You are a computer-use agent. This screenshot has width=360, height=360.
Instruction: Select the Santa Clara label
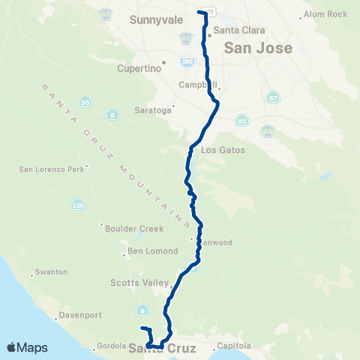point(236,31)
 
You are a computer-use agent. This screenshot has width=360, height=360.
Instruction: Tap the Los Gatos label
point(227,150)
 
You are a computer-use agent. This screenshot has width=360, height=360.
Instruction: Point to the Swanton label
point(52,271)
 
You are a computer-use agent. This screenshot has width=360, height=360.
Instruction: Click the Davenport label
point(79,316)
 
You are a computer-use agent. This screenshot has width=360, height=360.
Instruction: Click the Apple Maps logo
point(27,347)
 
